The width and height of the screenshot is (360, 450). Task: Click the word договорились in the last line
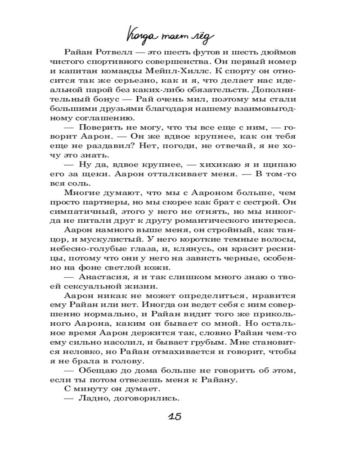point(145,398)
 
